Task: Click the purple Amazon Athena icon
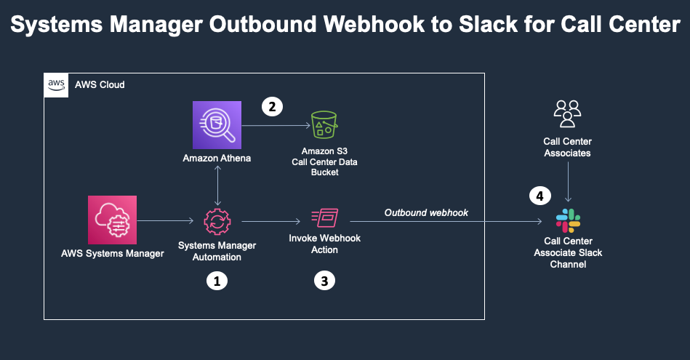coord(217,125)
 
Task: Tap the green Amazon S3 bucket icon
coord(324,125)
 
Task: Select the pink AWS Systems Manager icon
coord(112,220)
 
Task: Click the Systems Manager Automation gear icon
coord(217,220)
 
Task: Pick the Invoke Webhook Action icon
coord(324,220)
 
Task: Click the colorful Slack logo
coord(568,220)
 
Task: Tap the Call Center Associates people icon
coord(568,113)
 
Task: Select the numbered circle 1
coord(217,281)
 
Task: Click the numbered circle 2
coord(271,107)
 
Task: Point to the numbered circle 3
coord(324,281)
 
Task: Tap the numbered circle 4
coord(539,196)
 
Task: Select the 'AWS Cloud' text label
coord(100,85)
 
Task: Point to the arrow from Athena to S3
coord(275,126)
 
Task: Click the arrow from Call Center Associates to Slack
coord(568,182)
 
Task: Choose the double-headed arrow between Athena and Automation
coord(217,185)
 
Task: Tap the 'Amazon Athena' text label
coord(217,159)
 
